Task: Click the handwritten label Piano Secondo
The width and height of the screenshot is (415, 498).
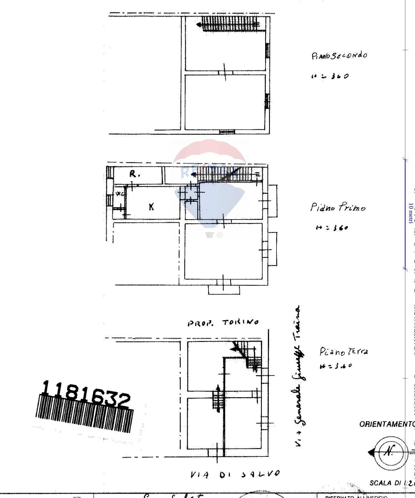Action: (339, 55)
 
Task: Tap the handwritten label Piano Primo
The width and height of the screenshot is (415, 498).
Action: (338, 207)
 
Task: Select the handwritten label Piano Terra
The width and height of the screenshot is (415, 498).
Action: (343, 351)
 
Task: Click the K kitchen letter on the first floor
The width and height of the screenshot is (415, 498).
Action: (151, 207)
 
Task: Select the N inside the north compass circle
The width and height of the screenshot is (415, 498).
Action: (390, 452)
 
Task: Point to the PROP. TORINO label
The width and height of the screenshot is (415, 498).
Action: (223, 323)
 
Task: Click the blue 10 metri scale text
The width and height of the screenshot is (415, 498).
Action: (411, 213)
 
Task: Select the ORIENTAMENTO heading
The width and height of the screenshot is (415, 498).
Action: (387, 424)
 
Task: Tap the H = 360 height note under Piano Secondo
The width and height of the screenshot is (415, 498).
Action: (330, 76)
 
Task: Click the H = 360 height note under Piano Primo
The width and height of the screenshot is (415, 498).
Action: (332, 228)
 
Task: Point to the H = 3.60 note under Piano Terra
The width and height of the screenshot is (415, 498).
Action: (336, 366)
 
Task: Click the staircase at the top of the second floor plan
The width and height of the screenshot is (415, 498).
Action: (230, 24)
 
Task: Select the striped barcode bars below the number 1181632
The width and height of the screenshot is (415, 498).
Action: (84, 414)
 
